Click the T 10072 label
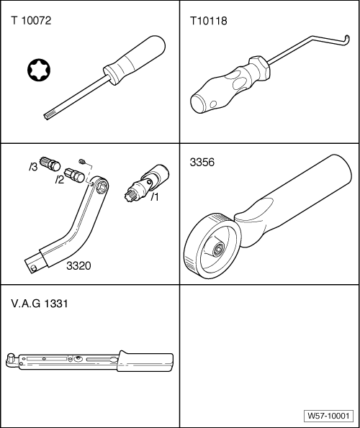(31, 21)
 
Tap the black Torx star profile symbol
(39, 70)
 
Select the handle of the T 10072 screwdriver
(135, 60)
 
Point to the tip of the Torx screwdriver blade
(46, 117)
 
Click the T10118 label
(208, 21)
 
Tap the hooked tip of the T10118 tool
(347, 40)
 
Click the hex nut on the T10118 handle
(259, 68)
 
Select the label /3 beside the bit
(33, 167)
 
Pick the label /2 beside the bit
(59, 180)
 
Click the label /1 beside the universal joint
(155, 196)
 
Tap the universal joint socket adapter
(146, 182)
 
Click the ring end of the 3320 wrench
(100, 186)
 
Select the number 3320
(78, 265)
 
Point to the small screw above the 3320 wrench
(81, 161)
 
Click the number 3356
(202, 162)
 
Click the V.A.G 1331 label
(40, 304)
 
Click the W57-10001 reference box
(328, 416)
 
